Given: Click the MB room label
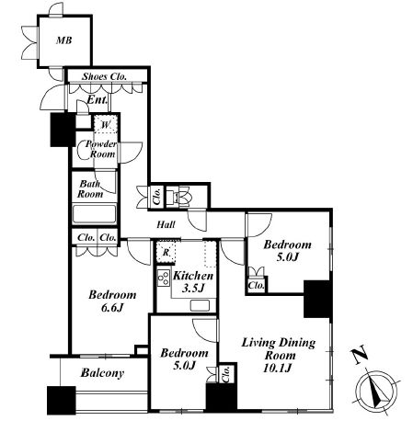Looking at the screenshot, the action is click(x=63, y=40).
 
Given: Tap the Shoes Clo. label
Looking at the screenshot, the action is click(x=104, y=76).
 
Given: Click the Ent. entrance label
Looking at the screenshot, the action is click(x=98, y=99).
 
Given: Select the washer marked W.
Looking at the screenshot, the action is click(x=106, y=124).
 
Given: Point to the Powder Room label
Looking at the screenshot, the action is click(x=101, y=149).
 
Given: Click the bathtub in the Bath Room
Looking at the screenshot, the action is click(x=95, y=214).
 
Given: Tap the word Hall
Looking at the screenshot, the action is click(x=166, y=224).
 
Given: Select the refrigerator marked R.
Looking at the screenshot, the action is click(x=166, y=252).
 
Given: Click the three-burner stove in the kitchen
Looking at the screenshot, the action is click(x=164, y=278).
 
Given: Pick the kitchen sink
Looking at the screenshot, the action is click(x=200, y=305).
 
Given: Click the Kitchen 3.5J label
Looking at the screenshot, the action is click(x=193, y=282).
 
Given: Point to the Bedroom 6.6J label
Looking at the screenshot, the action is click(x=112, y=301).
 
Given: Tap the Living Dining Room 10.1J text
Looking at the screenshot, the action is click(x=279, y=355).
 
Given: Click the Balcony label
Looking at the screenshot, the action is click(x=102, y=373).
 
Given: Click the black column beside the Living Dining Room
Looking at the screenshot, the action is click(x=317, y=299).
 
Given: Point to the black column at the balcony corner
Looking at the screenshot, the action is click(x=62, y=400).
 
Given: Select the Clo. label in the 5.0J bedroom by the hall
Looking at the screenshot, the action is click(x=256, y=286).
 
